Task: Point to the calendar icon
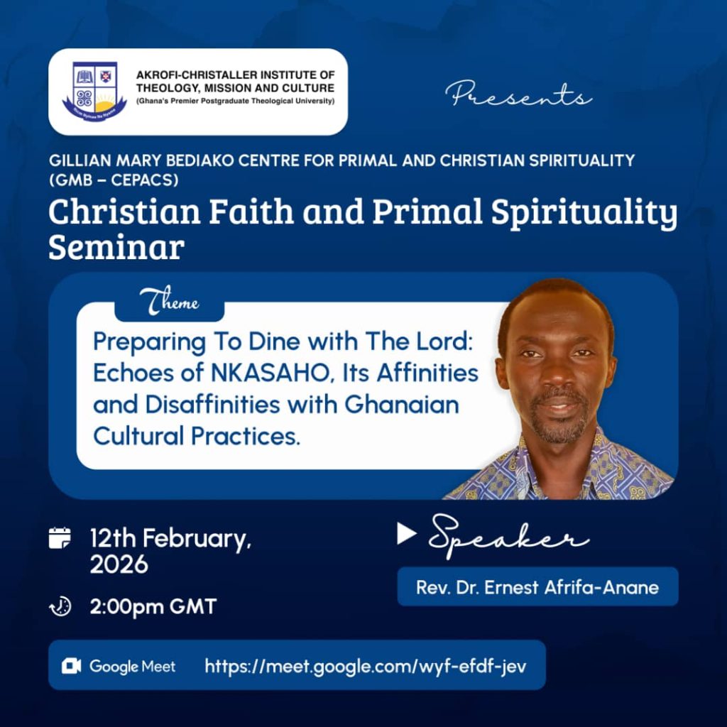(60, 538)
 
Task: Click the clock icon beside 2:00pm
(60, 606)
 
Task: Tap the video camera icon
(71, 666)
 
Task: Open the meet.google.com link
(366, 666)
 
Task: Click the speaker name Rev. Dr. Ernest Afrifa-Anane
(537, 587)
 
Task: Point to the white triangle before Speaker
(406, 534)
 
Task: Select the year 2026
(119, 564)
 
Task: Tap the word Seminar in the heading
(116, 247)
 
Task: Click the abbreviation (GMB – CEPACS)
(114, 180)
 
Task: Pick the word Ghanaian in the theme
(402, 404)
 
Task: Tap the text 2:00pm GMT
(153, 607)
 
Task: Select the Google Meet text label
(133, 667)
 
